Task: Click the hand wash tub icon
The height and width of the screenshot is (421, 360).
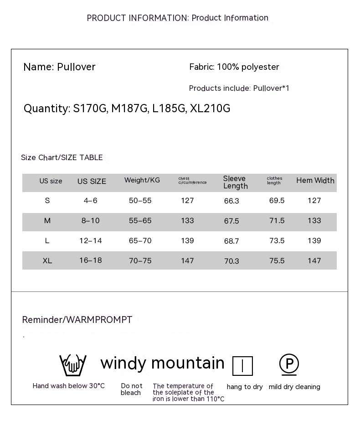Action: (73, 364)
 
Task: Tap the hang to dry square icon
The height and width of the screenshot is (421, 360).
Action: (242, 366)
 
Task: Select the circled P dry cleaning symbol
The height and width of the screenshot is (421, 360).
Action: (289, 364)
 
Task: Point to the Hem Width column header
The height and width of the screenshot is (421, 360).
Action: (315, 181)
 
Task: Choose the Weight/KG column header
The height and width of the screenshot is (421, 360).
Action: (142, 180)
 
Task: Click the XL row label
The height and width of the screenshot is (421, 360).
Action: (47, 260)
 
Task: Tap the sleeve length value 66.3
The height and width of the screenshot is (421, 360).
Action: (231, 201)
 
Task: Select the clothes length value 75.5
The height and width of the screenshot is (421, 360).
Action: (277, 260)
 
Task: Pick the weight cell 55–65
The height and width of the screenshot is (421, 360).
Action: (140, 221)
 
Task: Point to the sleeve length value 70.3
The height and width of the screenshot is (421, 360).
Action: (231, 261)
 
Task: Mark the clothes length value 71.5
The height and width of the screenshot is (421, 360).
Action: (277, 221)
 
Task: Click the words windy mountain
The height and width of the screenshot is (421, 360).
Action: (162, 363)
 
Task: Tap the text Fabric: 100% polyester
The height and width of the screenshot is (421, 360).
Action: (234, 67)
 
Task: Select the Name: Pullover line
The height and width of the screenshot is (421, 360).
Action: (59, 67)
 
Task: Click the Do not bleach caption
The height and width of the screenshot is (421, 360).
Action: (131, 389)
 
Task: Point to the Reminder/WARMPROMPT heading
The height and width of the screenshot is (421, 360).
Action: (77, 320)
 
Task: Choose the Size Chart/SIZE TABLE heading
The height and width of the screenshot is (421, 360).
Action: (62, 158)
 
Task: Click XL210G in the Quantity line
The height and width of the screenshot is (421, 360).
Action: (210, 109)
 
